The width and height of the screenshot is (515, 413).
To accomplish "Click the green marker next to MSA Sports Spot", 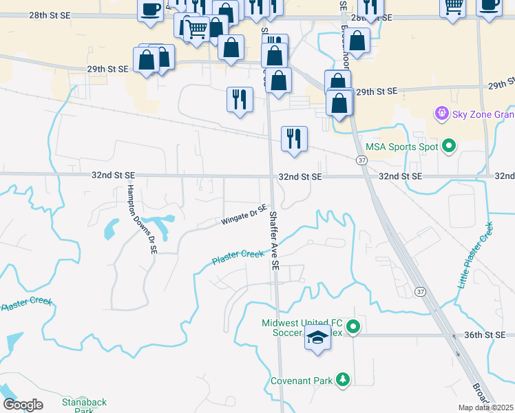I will click(x=449, y=145).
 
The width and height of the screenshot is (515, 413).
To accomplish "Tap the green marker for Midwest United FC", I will click(x=354, y=327).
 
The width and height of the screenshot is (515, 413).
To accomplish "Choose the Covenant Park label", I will click(x=302, y=380).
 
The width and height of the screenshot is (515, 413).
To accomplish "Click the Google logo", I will click(x=23, y=405).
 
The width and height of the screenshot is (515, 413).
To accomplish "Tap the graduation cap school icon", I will click(x=317, y=339).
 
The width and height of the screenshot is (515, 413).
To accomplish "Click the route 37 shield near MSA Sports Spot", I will click(x=361, y=160).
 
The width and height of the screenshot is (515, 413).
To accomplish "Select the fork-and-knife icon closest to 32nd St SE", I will click(x=294, y=139).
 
